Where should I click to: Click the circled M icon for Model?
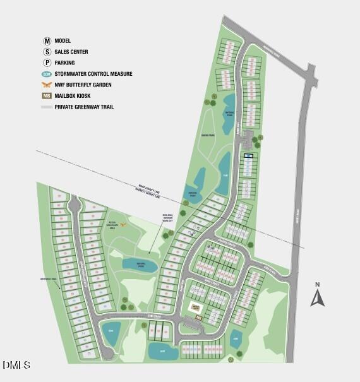point(47,40)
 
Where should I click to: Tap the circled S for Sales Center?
point(47,52)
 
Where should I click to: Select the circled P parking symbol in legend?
point(47,63)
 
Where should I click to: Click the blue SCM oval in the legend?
point(47,74)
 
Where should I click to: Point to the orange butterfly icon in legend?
point(47,85)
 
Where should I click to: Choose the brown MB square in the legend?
point(47,96)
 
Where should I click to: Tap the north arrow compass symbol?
point(318,297)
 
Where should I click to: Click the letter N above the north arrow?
point(318,284)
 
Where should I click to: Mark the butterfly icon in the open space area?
point(124,224)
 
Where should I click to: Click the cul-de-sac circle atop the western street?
point(75,205)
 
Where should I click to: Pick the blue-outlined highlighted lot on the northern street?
point(248,155)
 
